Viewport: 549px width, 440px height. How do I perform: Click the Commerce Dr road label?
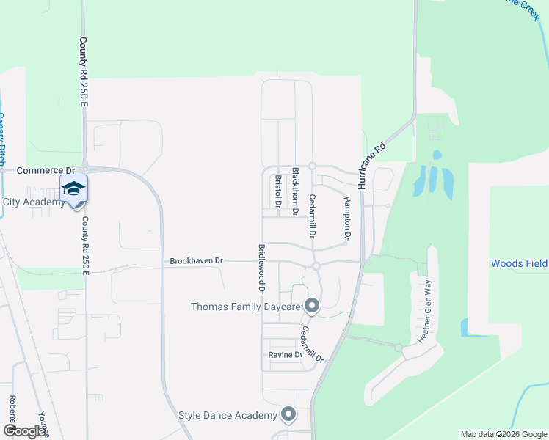tap(41, 170)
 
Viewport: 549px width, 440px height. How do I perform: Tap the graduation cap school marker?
tap(73, 189)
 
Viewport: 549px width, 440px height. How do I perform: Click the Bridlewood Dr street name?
tap(261, 269)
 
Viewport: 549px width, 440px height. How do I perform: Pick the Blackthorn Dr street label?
tap(296, 191)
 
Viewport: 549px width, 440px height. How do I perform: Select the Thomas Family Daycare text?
tap(246, 307)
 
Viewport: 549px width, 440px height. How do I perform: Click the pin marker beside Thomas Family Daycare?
tap(312, 305)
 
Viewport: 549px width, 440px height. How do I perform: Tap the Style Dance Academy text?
tap(228, 416)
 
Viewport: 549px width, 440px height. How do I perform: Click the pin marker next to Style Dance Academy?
tap(288, 415)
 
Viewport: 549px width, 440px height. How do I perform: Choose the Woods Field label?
tap(519, 263)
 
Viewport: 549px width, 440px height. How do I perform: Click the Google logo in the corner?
tap(24, 431)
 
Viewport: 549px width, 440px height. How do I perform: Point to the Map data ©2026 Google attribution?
tap(503, 434)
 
